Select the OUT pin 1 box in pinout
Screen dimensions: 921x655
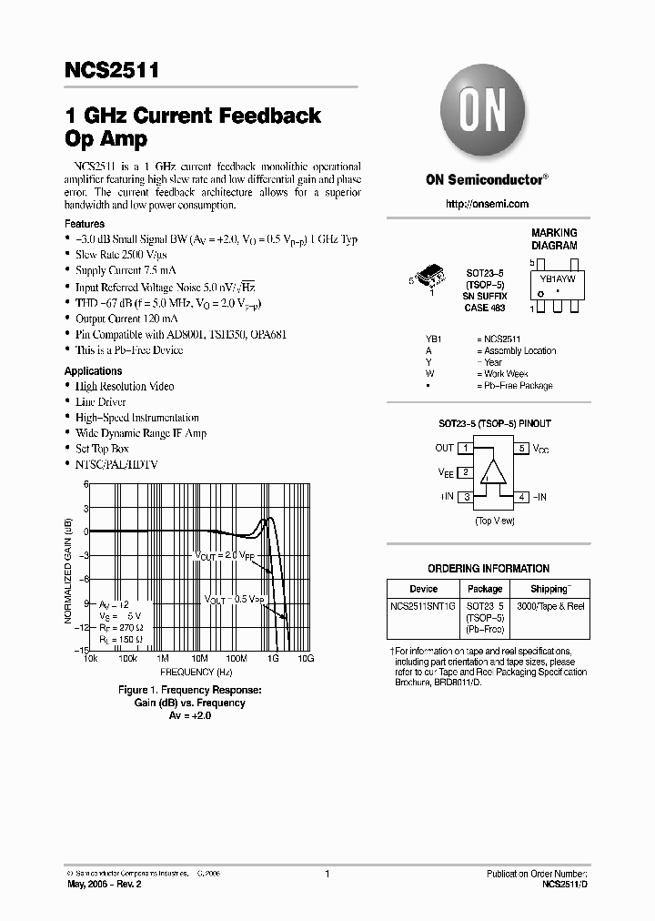tap(465, 448)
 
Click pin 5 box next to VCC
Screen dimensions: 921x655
tap(522, 448)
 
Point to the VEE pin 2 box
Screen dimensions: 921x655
tap(465, 472)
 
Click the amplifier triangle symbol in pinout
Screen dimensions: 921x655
tap(493, 472)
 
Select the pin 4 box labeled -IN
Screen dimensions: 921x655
tap(522, 497)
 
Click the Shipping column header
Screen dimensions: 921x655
tap(551, 589)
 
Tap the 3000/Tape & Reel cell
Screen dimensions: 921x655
tap(551, 605)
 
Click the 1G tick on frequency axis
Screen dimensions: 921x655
tap(272, 657)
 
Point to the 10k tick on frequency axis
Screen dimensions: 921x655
tap(91, 657)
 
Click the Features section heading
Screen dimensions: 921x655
tap(85, 224)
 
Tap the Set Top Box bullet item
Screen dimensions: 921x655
tap(102, 449)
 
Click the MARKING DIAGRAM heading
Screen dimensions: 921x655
tap(554, 239)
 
